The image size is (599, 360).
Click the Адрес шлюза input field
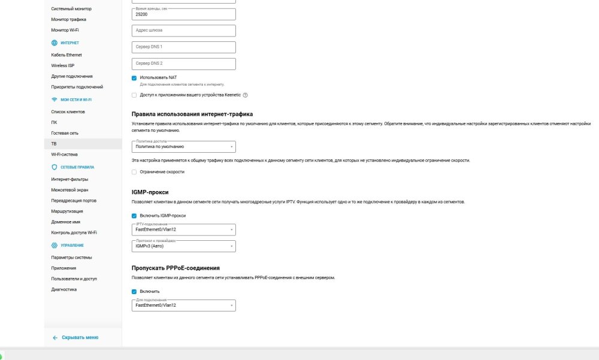pos(183,31)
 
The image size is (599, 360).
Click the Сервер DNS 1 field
pos(183,47)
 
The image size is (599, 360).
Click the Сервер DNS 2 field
pos(183,64)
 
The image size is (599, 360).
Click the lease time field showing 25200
pos(183,14)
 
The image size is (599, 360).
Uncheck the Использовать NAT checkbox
pos(134,77)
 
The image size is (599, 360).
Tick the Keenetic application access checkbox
pos(134,95)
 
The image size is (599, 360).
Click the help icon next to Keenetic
pos(245,95)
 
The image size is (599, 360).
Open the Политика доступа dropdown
pos(183,147)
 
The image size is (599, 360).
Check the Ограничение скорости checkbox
pos(134,172)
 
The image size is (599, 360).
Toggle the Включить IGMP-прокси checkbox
pos(134,216)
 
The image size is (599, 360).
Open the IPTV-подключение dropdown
pos(183,229)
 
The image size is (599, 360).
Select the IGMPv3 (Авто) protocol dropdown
pos(183,246)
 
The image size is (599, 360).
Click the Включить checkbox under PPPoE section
pos(134,292)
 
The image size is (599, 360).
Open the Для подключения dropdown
pos(183,305)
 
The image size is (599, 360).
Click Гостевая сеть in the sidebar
pos(65,133)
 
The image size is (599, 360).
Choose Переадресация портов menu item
pos(74,201)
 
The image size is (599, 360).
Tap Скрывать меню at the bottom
pos(80,338)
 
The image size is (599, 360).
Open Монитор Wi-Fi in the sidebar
pos(65,30)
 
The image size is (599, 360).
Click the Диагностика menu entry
pos(64,289)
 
